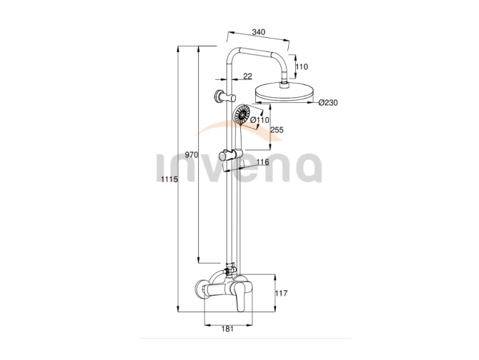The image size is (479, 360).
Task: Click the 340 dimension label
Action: point(258,32)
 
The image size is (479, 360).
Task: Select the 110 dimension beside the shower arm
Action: point(302,66)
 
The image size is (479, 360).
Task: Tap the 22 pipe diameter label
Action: point(248,76)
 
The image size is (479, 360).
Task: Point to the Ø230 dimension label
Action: point(328,103)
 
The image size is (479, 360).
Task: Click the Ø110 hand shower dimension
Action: point(260,120)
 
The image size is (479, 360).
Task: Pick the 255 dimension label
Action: point(277,130)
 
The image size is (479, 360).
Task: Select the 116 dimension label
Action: point(262,161)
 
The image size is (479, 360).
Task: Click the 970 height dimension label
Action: point(192,155)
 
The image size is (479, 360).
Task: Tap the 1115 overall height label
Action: point(169,179)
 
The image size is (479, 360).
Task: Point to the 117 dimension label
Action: point(282,293)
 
